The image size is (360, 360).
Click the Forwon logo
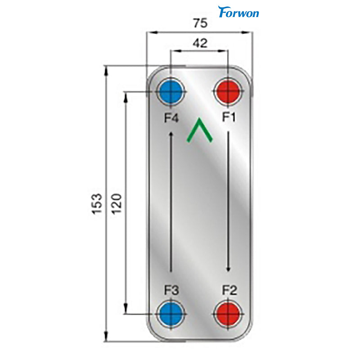pyautogui.click(x=238, y=12)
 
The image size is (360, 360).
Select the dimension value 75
pyautogui.click(x=199, y=23)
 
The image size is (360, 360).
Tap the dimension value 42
pyautogui.click(x=199, y=43)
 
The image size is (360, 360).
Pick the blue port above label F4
pyautogui.click(x=170, y=93)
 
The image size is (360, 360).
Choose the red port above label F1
pyautogui.click(x=228, y=93)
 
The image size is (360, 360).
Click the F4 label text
pyautogui.click(x=171, y=118)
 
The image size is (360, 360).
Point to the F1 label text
pyautogui.click(x=229, y=118)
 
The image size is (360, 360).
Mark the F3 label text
pyautogui.click(x=171, y=291)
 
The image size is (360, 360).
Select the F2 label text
pyautogui.click(x=229, y=291)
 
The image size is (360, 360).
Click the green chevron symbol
pyautogui.click(x=199, y=131)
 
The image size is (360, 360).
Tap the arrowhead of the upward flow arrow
pyautogui.click(x=171, y=134)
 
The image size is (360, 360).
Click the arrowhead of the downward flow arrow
pyautogui.click(x=229, y=269)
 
